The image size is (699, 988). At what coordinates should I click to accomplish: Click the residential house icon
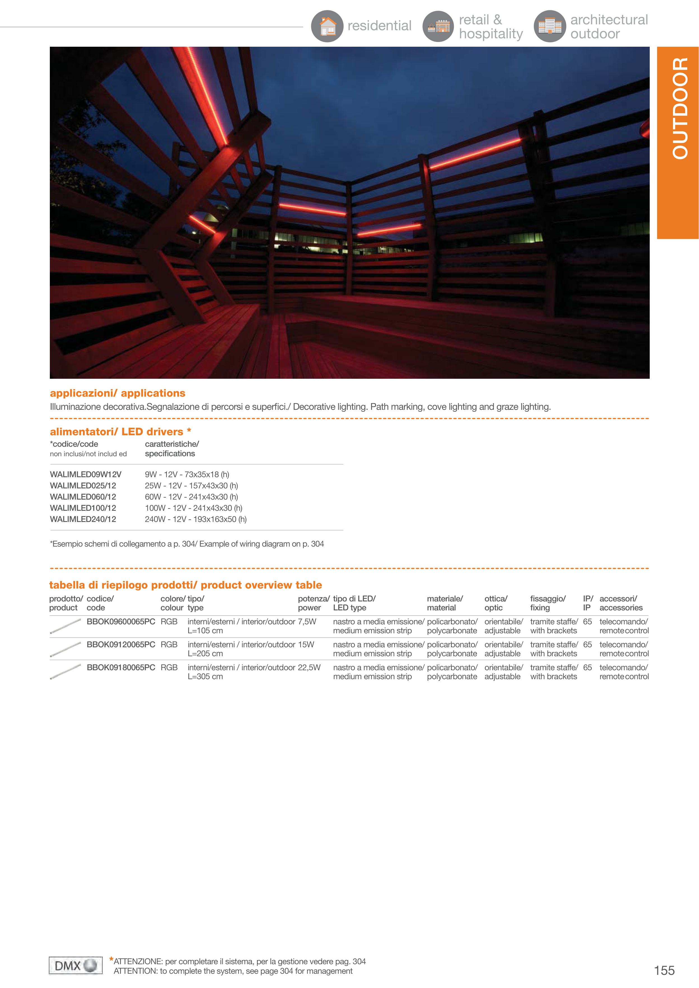[x=327, y=26]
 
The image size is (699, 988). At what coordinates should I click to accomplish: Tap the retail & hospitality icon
[x=438, y=26]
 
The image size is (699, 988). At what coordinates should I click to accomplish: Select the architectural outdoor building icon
[x=550, y=26]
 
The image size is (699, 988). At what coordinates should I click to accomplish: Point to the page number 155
[x=664, y=970]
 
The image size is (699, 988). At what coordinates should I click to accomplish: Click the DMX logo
[x=75, y=966]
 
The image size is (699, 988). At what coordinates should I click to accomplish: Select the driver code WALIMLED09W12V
[x=86, y=474]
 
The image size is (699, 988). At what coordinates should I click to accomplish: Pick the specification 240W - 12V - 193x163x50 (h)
[x=195, y=519]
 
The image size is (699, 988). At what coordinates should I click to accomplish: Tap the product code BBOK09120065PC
[x=121, y=644]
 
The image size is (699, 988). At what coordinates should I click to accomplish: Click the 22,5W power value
[x=309, y=667]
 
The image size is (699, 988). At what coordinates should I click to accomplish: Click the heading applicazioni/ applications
[x=118, y=393]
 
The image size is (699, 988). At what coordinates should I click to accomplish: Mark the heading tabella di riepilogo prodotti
[x=185, y=585]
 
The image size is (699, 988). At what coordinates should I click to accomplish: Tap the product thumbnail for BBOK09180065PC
[x=66, y=671]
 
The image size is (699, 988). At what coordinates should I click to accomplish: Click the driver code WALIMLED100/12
[x=83, y=508]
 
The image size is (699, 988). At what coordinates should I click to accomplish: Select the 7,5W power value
[x=307, y=621]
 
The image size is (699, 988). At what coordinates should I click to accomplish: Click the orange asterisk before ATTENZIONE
[x=111, y=959]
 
